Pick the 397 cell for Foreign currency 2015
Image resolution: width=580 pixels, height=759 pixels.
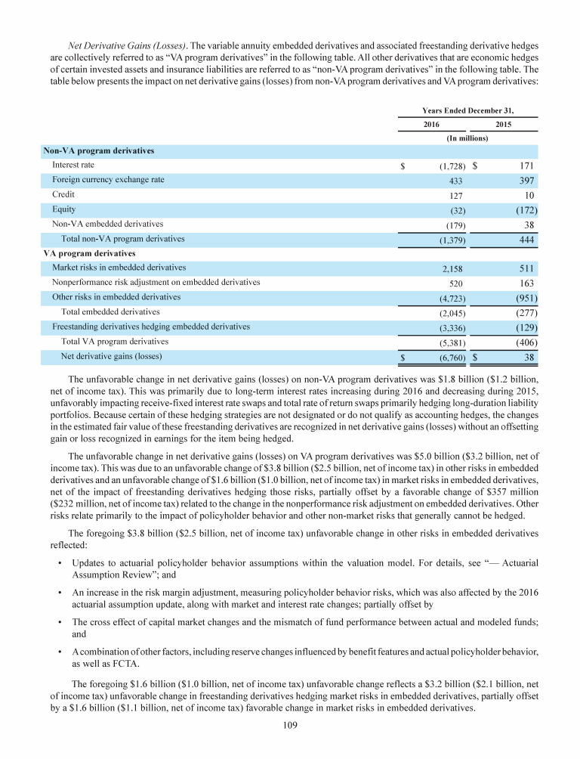click(x=526, y=180)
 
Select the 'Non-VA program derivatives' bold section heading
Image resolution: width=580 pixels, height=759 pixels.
click(x=98, y=150)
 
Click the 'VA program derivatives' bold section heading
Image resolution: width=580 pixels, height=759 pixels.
click(x=90, y=253)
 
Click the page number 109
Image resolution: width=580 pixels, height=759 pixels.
click(x=290, y=745)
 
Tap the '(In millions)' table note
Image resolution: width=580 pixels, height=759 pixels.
click(x=467, y=138)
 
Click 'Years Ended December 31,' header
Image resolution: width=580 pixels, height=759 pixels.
click(x=467, y=110)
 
